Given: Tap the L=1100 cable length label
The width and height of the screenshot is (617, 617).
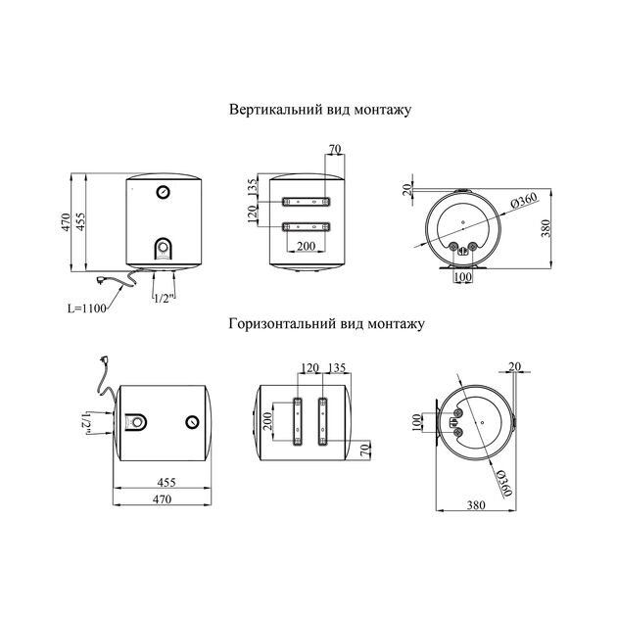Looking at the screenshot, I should (x=86, y=307).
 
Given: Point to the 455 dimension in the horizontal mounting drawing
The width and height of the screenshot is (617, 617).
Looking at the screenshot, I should (x=163, y=483).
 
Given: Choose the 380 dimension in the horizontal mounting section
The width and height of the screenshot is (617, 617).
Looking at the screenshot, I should (x=477, y=506).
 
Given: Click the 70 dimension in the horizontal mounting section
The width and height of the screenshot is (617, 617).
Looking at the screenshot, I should (x=364, y=451).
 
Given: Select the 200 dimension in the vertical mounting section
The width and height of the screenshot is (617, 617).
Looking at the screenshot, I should (x=306, y=245).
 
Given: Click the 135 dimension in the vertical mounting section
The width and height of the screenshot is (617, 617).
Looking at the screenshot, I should (x=253, y=188).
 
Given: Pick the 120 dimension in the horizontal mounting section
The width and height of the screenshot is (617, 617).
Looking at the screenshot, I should (x=311, y=369).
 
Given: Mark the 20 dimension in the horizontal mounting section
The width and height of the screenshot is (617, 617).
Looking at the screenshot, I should (x=514, y=367).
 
